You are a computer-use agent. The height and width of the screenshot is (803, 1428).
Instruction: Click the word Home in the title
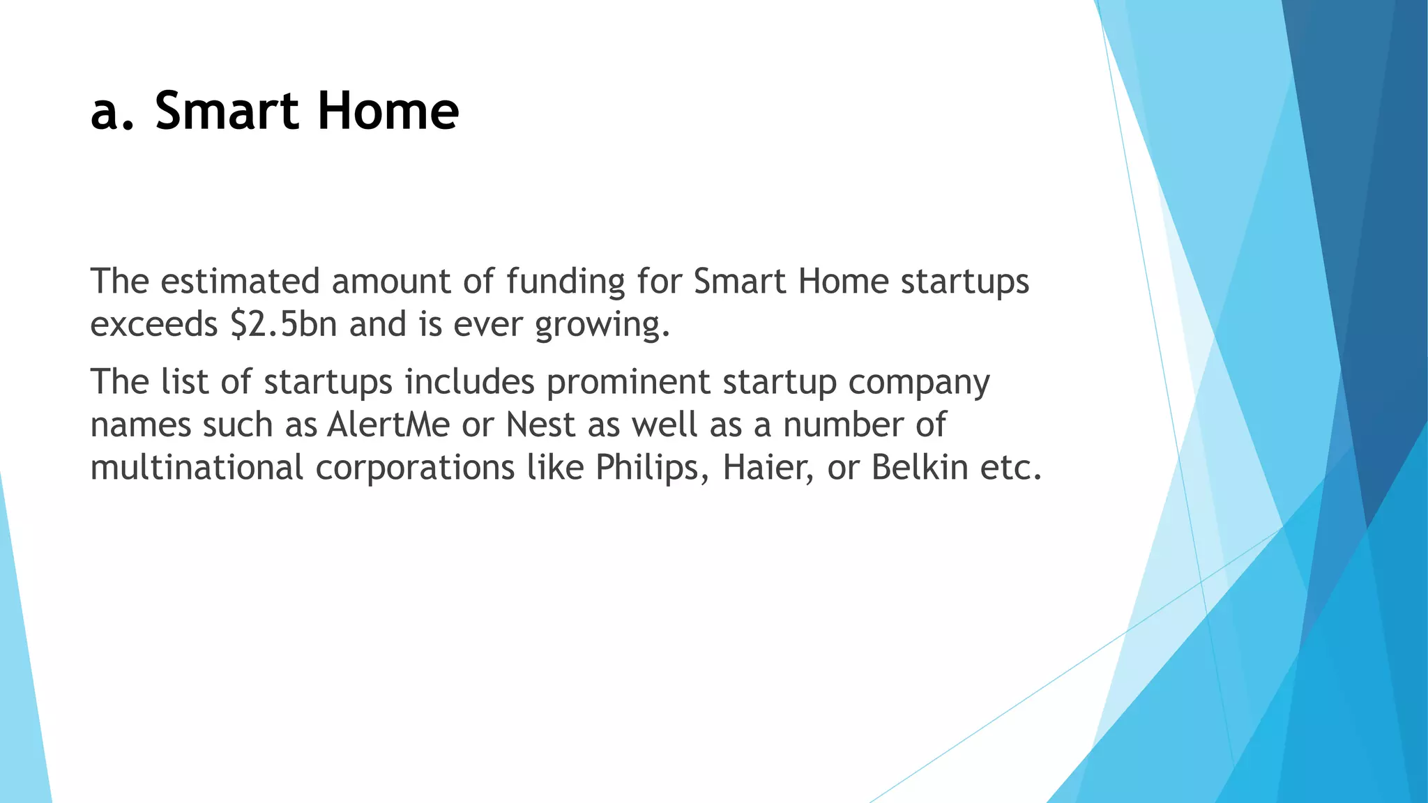coord(388,111)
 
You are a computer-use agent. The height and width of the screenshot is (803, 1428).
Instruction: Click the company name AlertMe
coord(388,425)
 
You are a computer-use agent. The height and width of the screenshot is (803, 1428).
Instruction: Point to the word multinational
coord(197,467)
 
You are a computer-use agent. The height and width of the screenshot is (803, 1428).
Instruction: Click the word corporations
coord(415,468)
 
